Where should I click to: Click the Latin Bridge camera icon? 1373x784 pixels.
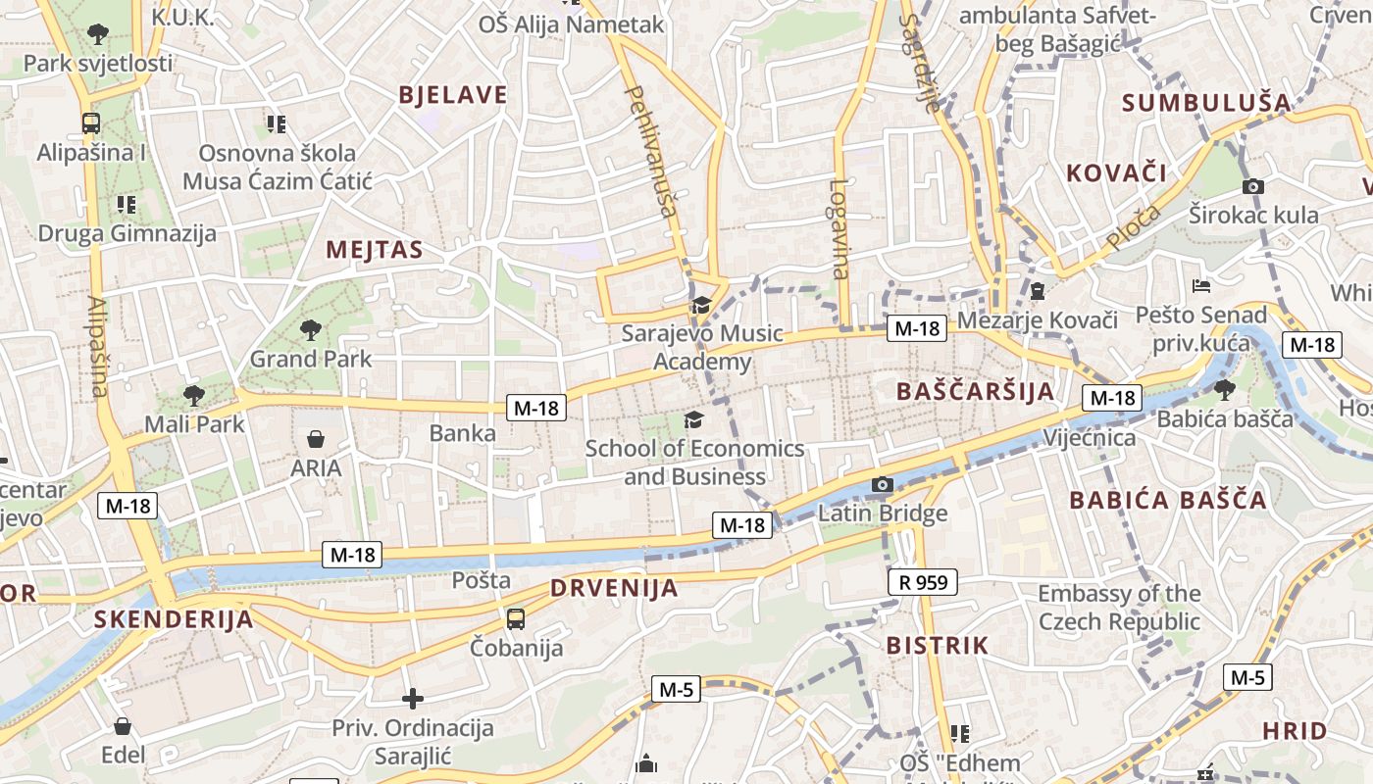[x=883, y=484]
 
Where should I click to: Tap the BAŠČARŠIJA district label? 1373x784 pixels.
[x=976, y=392]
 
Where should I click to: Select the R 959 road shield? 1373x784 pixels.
[x=923, y=583]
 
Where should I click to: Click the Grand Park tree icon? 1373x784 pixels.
[x=311, y=329]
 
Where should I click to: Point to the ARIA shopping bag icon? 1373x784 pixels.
[x=316, y=438]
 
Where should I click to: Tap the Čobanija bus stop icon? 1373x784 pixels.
[x=516, y=619]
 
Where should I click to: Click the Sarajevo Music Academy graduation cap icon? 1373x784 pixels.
[x=701, y=306]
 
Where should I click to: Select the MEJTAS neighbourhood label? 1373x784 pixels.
[x=375, y=250]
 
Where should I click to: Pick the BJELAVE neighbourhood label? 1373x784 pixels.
[x=453, y=95]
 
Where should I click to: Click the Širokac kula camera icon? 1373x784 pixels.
[x=1252, y=186]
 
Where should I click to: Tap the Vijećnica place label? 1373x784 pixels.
[x=1090, y=437]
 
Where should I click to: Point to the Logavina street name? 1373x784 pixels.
[x=839, y=227]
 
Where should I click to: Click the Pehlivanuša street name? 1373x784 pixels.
[x=651, y=151]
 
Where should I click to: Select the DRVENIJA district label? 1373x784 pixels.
[x=614, y=588]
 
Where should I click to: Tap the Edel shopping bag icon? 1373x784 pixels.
[x=123, y=726]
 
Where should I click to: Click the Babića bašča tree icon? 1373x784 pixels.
[x=1224, y=390]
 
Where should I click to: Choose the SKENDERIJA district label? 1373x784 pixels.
[x=174, y=619]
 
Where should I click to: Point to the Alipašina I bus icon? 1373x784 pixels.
[x=91, y=123]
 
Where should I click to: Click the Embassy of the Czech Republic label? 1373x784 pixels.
[x=1119, y=608]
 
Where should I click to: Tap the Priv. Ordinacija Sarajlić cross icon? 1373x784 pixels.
[x=413, y=699]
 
